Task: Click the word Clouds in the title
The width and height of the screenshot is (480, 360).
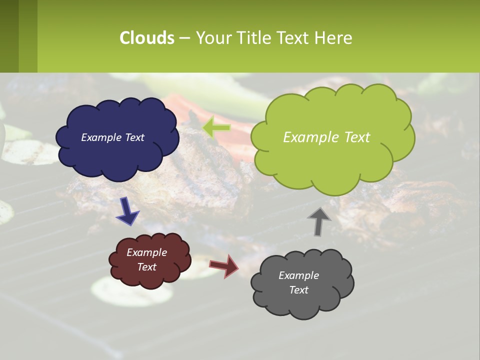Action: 147,38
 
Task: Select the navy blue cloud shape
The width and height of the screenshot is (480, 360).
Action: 117,150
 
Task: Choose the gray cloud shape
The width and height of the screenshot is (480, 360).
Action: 302,300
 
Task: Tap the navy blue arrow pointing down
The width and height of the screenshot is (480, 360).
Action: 127,211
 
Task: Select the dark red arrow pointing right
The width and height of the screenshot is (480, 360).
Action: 224,265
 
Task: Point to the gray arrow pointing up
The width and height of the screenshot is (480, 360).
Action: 319,220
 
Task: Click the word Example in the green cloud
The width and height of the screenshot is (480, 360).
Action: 306,137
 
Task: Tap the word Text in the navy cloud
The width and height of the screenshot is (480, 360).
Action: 133,137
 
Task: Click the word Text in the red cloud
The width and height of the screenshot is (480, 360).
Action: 147,267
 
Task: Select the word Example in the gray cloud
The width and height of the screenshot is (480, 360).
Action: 298,275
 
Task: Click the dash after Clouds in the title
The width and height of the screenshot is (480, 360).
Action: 184,38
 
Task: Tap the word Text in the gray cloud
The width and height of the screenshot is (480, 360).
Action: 298,290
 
